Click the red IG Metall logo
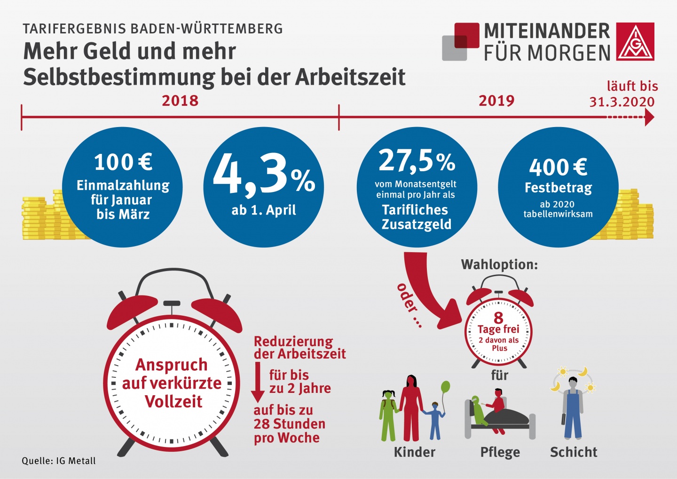(635, 41)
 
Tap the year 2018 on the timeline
(180, 101)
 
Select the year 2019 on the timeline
(496, 101)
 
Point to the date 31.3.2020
(622, 102)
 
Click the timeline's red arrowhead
(649, 117)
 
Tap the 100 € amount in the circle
(123, 162)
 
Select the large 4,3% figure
(263, 175)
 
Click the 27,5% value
(417, 161)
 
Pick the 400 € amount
(558, 167)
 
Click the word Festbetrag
(558, 188)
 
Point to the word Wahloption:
(499, 264)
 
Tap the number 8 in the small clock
(498, 318)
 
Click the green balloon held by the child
(445, 388)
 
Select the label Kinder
(414, 452)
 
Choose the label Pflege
(500, 452)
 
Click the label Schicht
(574, 452)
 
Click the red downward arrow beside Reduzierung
(258, 382)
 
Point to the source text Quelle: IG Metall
(59, 461)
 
